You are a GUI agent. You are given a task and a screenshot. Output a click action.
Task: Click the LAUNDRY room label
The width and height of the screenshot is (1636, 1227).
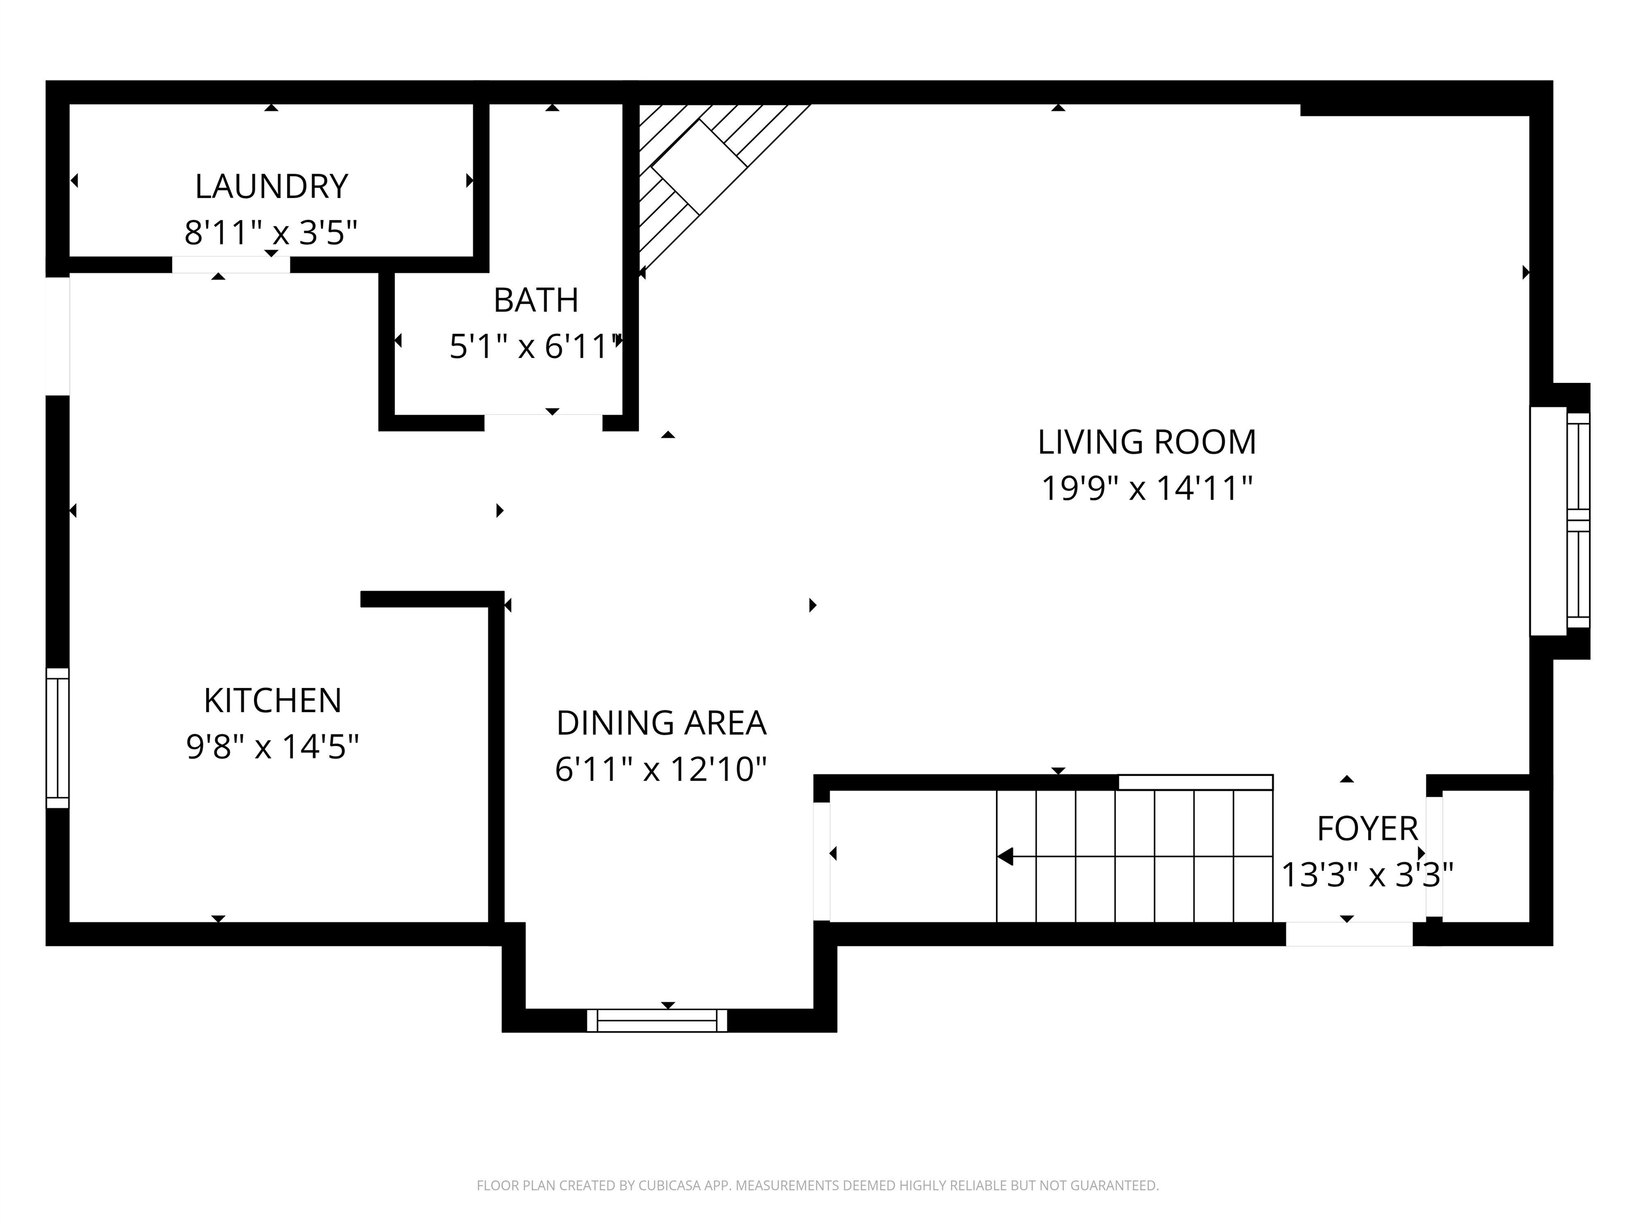(272, 186)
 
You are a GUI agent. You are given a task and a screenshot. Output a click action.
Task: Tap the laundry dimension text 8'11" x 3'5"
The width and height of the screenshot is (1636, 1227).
(271, 233)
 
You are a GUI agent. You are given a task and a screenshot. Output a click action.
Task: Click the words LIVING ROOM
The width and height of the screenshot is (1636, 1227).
(1147, 442)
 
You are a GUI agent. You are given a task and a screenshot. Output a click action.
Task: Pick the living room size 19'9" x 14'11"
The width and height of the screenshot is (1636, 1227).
(1147, 488)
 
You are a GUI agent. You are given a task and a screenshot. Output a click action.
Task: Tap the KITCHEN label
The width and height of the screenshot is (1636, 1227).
(273, 700)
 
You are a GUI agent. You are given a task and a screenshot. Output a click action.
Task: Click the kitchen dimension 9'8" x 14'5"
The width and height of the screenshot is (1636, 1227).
(272, 747)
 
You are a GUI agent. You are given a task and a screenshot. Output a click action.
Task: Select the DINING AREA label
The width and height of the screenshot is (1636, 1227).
(661, 723)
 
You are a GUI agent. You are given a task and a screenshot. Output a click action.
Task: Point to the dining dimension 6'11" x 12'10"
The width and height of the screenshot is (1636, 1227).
(660, 769)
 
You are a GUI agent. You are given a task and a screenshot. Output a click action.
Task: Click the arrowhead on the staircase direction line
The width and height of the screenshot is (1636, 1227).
(1004, 856)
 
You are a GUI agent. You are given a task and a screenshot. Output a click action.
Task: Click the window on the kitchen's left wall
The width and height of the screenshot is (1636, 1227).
(58, 738)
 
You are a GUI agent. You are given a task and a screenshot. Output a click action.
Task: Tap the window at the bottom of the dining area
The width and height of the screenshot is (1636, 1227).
(657, 1020)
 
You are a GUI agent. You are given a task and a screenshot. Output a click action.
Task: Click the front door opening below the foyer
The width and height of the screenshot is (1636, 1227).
(1349, 934)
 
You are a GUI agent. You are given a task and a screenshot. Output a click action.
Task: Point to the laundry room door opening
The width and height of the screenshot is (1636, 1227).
(231, 265)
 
